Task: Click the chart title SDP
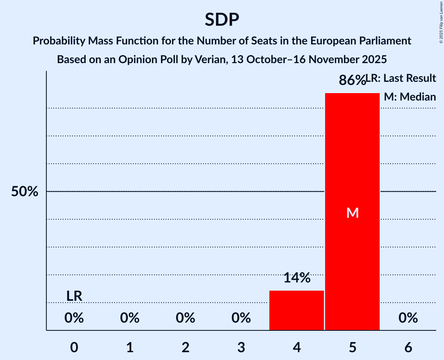pos(222,19)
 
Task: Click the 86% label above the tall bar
pos(352,80)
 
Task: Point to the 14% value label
pos(297,278)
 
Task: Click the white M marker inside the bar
pos(352,213)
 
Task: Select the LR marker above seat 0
pos(74,296)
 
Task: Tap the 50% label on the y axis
pos(24,192)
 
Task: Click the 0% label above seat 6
pos(408,318)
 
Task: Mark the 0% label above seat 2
pos(186,318)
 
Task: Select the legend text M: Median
pos(410,97)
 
